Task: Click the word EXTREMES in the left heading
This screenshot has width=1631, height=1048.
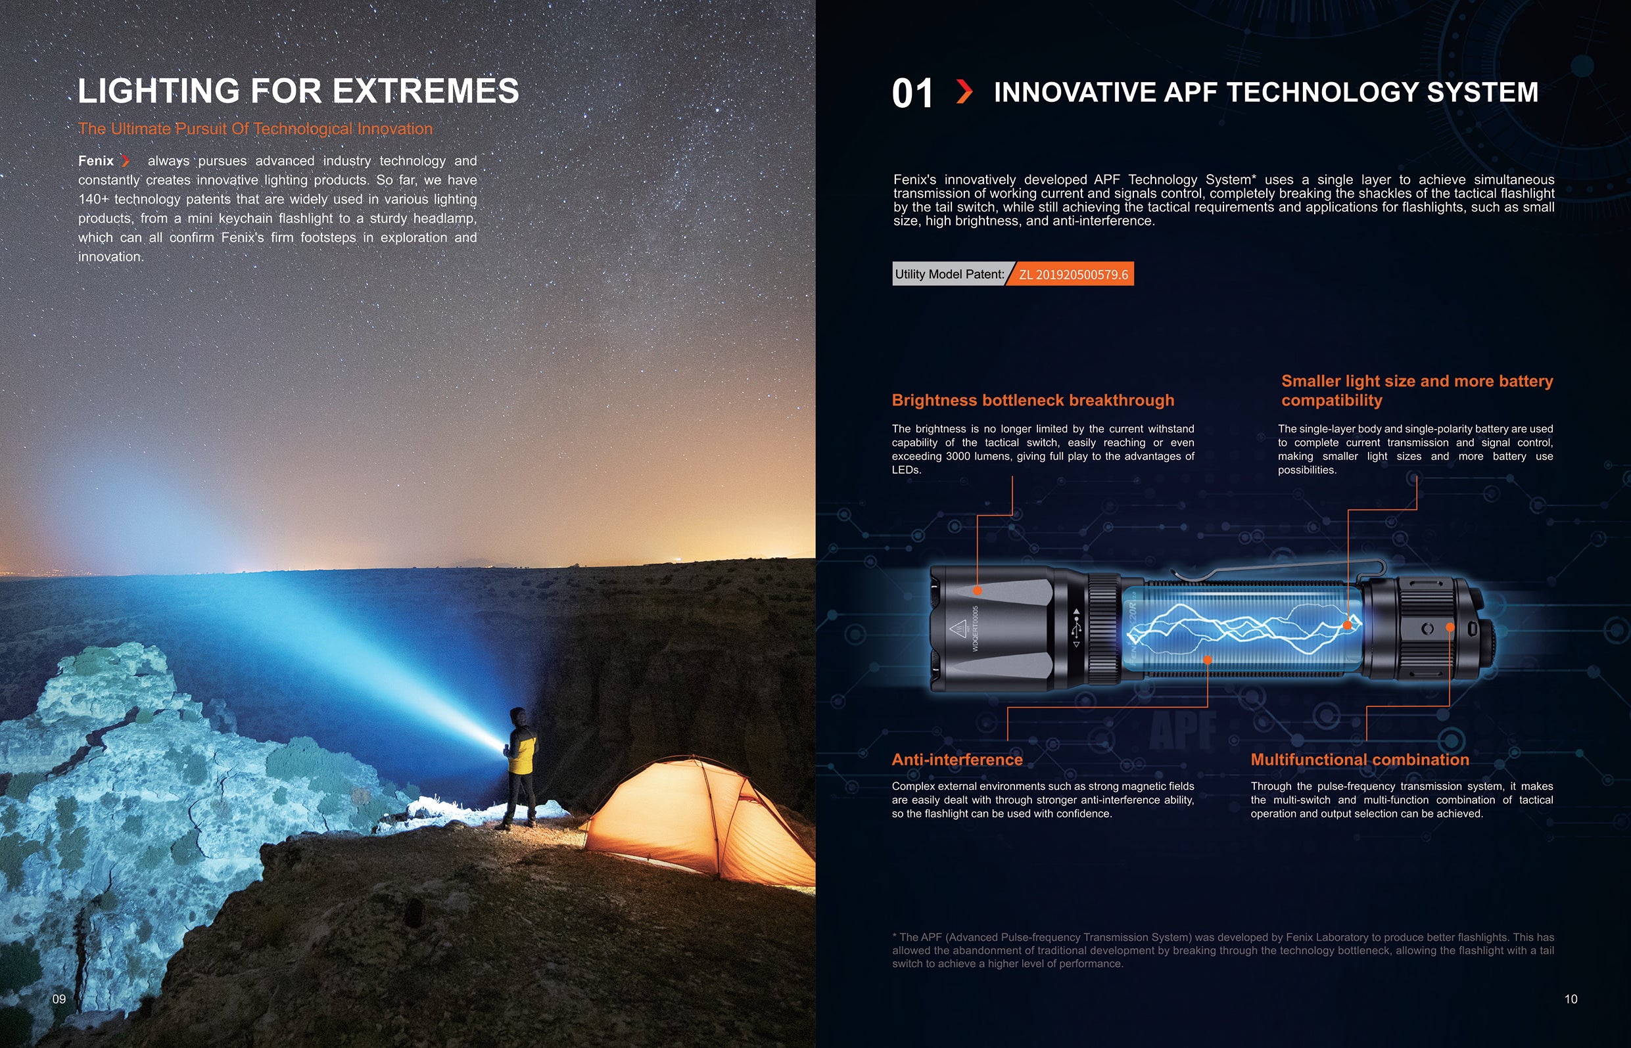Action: [425, 91]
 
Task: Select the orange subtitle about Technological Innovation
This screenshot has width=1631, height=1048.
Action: [255, 129]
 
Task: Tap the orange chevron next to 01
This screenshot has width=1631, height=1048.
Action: [964, 91]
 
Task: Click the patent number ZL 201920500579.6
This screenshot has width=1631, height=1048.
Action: [1074, 274]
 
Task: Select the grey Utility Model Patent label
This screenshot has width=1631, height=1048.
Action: [949, 273]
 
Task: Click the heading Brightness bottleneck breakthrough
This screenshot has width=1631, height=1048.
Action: [1033, 400]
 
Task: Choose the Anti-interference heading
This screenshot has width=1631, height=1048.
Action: [957, 760]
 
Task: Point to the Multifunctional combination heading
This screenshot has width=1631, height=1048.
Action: [1359, 760]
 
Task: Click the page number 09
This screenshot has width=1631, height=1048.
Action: [59, 999]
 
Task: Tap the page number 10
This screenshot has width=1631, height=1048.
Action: [1571, 999]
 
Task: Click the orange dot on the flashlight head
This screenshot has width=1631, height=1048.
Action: [978, 590]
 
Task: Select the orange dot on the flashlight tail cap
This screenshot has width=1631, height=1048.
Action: [1450, 627]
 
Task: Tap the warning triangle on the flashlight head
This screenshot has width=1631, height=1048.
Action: [958, 627]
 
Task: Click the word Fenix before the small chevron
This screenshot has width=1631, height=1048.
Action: [96, 160]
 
